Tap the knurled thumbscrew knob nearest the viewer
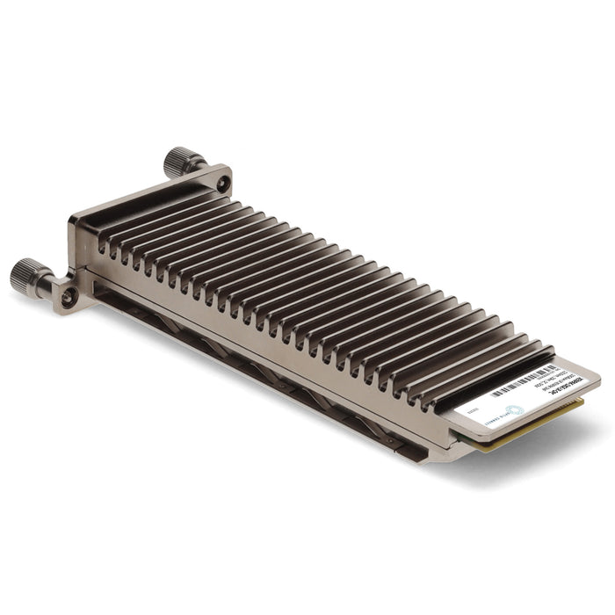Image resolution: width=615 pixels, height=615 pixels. point(27,276)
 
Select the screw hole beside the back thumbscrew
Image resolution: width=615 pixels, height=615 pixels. point(223,184)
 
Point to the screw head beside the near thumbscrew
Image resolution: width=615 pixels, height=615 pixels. point(68,298)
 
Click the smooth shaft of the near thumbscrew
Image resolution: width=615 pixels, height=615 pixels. point(52,284)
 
